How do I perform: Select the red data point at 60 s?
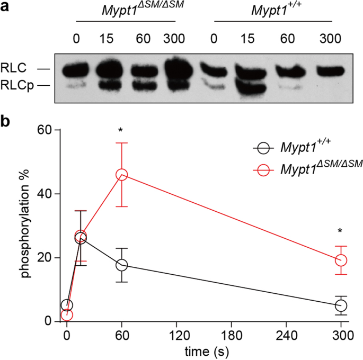coord(122,175)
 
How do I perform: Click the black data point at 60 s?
coord(122,265)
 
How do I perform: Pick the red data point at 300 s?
coord(341,260)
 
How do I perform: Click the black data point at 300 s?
coord(341,305)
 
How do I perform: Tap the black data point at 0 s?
coord(67,305)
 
